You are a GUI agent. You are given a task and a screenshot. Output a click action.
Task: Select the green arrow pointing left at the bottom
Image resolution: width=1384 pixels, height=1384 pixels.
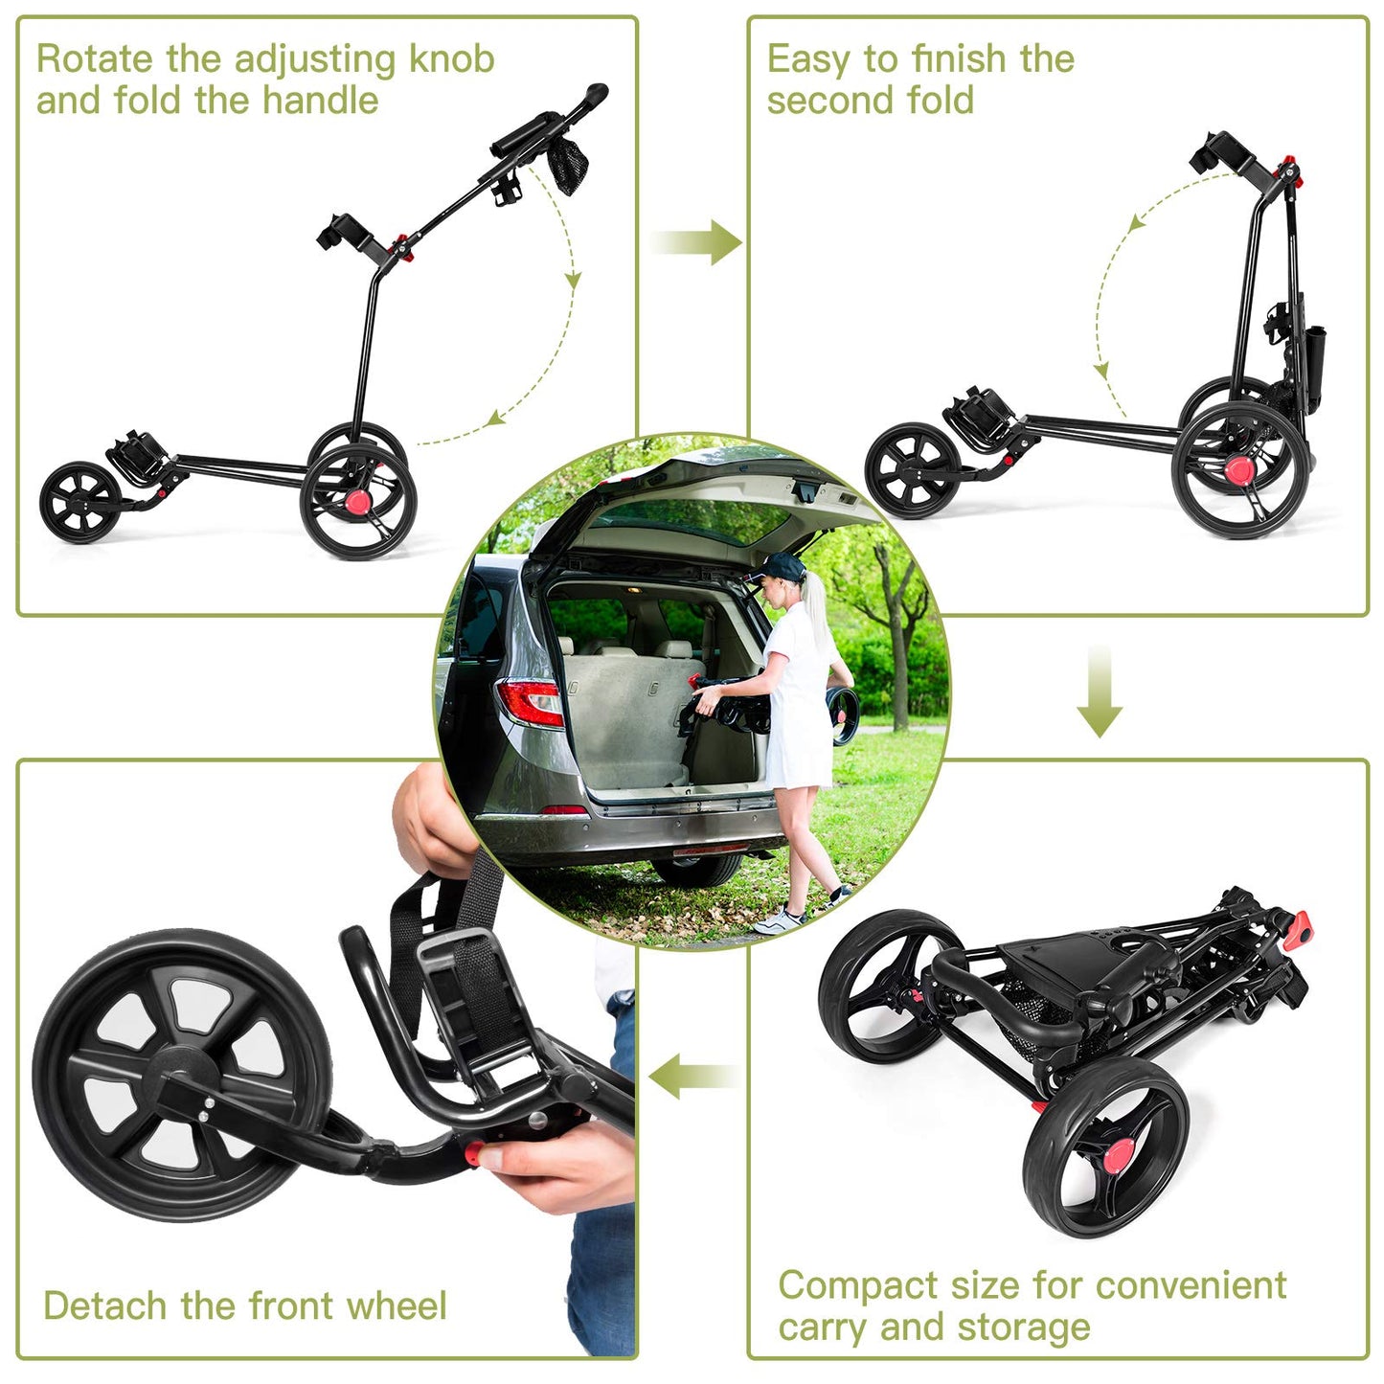(691, 1077)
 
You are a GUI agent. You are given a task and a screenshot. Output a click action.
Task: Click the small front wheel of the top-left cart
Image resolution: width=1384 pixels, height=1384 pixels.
(80, 502)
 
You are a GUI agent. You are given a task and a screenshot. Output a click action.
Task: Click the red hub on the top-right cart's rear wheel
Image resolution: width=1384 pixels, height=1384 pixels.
(1239, 469)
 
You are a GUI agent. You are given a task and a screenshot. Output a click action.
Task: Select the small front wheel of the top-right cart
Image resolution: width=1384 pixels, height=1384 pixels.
(912, 471)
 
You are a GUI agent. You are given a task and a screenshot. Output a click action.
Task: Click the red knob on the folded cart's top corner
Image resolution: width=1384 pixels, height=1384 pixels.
(1300, 928)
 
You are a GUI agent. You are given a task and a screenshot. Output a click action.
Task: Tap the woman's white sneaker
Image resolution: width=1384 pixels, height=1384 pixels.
(778, 921)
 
